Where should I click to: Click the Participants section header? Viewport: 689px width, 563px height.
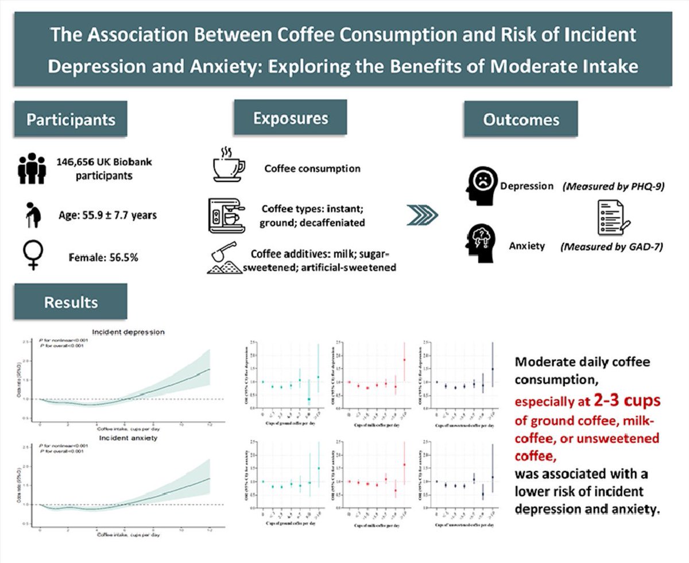click(71, 119)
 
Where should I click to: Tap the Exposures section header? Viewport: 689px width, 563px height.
click(290, 118)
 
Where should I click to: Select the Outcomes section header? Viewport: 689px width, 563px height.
click(521, 119)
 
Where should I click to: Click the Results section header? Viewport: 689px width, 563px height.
click(71, 302)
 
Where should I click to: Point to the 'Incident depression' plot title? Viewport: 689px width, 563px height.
click(132, 332)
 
